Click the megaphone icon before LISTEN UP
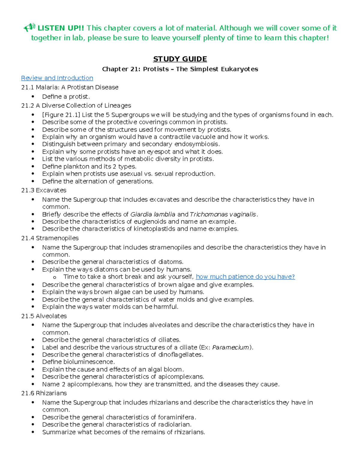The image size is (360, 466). tap(29, 28)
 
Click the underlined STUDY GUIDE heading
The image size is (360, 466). tap(180, 59)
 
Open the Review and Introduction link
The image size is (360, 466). tap(57, 78)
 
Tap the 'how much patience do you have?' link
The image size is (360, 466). tap(245, 277)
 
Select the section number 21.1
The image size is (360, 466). tap(28, 87)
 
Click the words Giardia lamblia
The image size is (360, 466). tap(153, 214)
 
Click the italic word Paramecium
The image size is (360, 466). tap(230, 347)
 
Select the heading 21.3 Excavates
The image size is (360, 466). tap(44, 190)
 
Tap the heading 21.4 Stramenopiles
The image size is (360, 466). tap(50, 238)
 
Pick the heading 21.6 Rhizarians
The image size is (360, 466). tap(44, 393)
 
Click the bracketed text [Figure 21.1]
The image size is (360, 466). tap(61, 115)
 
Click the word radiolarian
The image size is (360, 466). tap(174, 425)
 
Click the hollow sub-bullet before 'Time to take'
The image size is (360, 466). tap(54, 277)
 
